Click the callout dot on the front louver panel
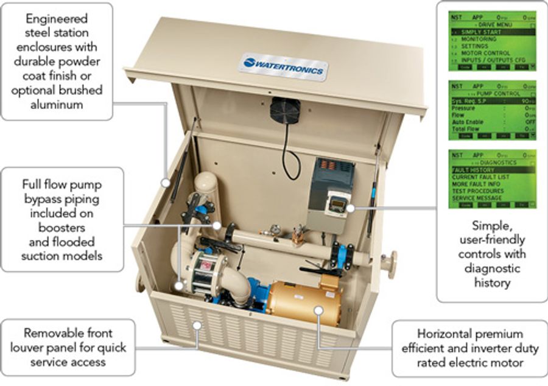(197, 326)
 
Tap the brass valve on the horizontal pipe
(298, 234)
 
